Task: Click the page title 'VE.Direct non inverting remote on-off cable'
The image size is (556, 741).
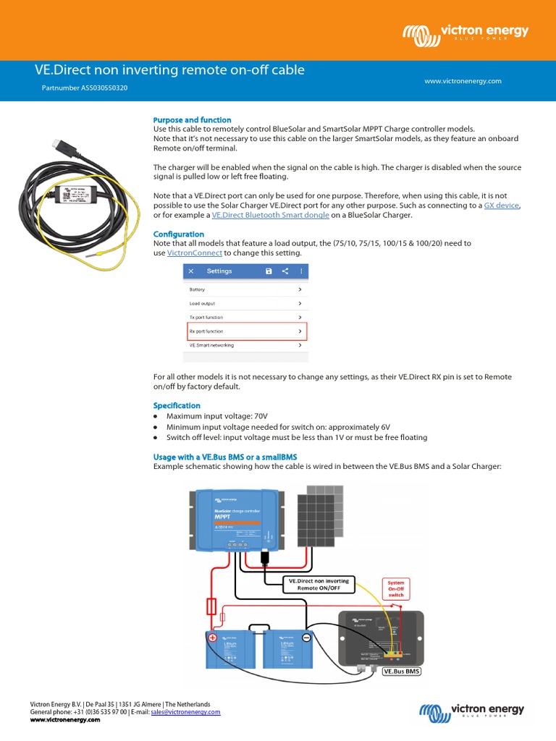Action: [169, 70]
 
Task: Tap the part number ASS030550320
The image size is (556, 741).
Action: [86, 88]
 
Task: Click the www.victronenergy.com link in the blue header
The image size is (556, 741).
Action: [463, 81]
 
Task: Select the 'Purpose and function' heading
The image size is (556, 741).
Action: [192, 120]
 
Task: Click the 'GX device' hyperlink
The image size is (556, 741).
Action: [501, 206]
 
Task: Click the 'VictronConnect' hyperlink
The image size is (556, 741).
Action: [194, 253]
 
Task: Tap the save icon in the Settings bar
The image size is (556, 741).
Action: [269, 271]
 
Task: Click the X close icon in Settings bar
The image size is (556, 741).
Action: [191, 271]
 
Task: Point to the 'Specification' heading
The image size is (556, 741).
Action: [177, 406]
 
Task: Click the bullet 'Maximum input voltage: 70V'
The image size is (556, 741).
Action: [216, 417]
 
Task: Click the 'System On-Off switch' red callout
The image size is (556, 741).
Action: [396, 587]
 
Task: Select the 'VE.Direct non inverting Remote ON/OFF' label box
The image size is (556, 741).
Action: [319, 585]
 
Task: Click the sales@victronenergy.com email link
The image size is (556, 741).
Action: [185, 712]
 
